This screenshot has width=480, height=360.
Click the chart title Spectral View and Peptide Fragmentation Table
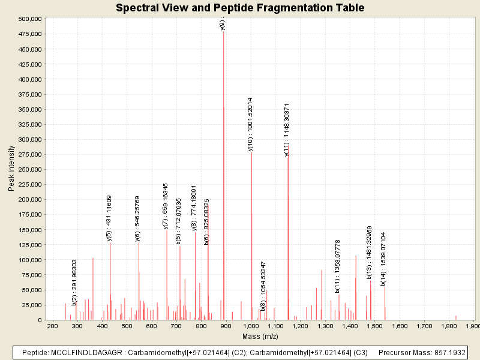click(240, 8)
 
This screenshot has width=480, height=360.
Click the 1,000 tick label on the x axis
click(251, 326)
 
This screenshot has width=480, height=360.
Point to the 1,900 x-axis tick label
click(473, 326)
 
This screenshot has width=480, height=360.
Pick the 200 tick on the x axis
click(52, 326)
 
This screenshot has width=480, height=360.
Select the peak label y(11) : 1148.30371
click(287, 130)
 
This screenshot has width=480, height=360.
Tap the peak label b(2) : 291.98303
click(74, 283)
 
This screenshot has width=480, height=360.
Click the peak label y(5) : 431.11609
click(109, 218)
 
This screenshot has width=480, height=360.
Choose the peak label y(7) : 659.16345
click(166, 206)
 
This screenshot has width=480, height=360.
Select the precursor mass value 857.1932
click(444, 352)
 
